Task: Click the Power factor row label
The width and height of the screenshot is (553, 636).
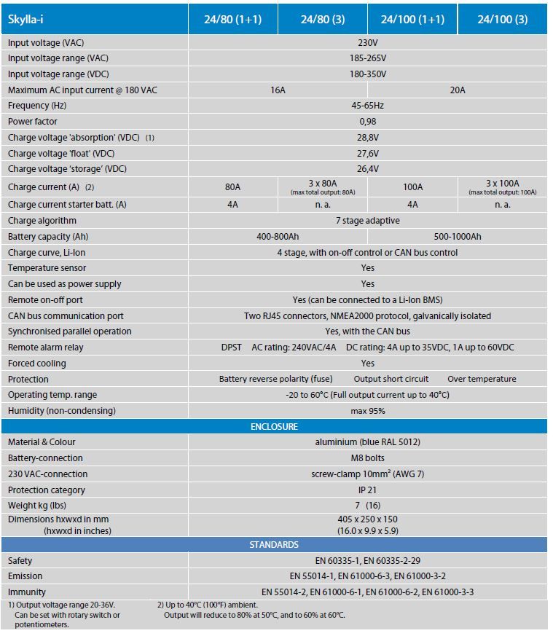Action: pos(33,122)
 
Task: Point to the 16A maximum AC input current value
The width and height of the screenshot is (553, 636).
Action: pos(278,90)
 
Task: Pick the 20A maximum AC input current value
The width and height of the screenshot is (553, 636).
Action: pos(458,90)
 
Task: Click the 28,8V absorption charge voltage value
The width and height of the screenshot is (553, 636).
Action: pos(367,138)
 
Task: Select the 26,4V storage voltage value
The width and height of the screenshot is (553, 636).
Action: pos(367,169)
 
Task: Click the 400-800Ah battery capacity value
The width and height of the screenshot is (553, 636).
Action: pos(278,237)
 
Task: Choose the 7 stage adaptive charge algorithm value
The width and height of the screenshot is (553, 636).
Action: pos(367,221)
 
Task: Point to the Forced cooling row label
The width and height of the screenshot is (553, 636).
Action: pos(37,364)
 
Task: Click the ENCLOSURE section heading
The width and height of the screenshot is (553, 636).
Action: pos(274,426)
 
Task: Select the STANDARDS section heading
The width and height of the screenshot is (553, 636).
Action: pos(274,544)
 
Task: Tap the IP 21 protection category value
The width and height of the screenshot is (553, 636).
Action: pos(367,490)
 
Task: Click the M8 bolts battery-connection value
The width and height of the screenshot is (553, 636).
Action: pos(367,458)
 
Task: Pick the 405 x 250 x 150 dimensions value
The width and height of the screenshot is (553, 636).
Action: pos(367,519)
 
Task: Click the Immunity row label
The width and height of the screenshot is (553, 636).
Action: pos(27,592)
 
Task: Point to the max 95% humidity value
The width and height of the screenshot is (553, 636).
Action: pos(367,411)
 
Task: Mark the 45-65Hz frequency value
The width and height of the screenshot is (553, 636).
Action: pos(367,106)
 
